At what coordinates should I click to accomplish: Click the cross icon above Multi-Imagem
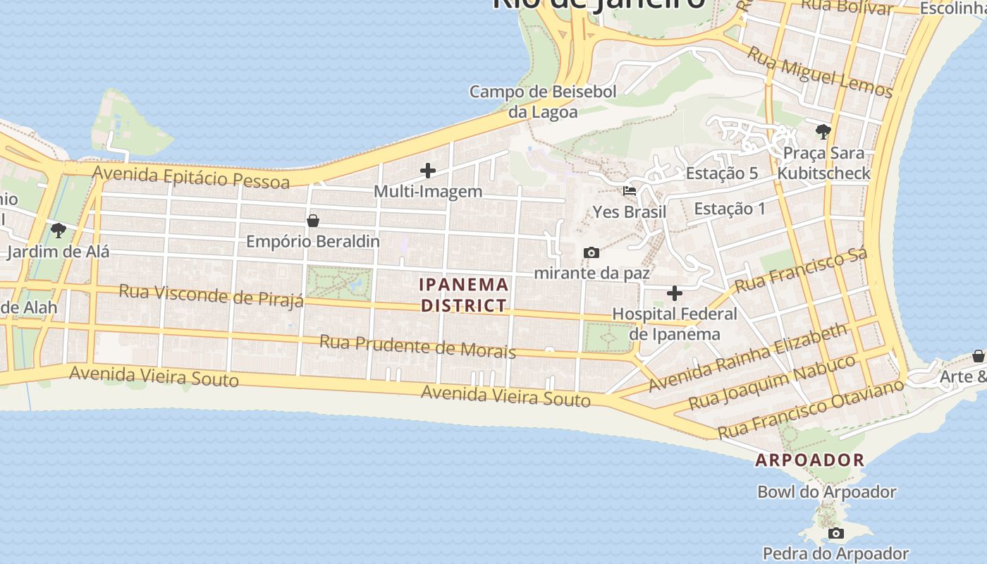428,171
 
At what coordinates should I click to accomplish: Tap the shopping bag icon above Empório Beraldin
313,221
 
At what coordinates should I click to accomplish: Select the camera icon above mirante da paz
591,252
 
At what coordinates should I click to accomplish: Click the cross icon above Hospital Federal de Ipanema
675,293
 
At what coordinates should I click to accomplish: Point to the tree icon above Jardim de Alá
59,230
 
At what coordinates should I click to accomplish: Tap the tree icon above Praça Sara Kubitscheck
823,131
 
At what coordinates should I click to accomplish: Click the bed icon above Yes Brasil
630,190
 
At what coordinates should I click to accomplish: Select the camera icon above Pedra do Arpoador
835,533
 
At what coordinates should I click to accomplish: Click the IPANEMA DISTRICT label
464,295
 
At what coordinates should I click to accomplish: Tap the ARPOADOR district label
809,460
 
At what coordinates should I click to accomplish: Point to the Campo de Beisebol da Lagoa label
543,102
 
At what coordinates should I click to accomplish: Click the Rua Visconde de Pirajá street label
211,295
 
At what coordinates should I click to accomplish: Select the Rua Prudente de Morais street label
417,347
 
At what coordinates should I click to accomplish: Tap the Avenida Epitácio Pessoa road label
191,177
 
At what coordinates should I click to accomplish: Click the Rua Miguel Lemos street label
820,73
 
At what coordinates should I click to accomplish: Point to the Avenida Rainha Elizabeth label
748,357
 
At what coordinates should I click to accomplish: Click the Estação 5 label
721,173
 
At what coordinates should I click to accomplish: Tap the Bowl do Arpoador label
826,492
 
